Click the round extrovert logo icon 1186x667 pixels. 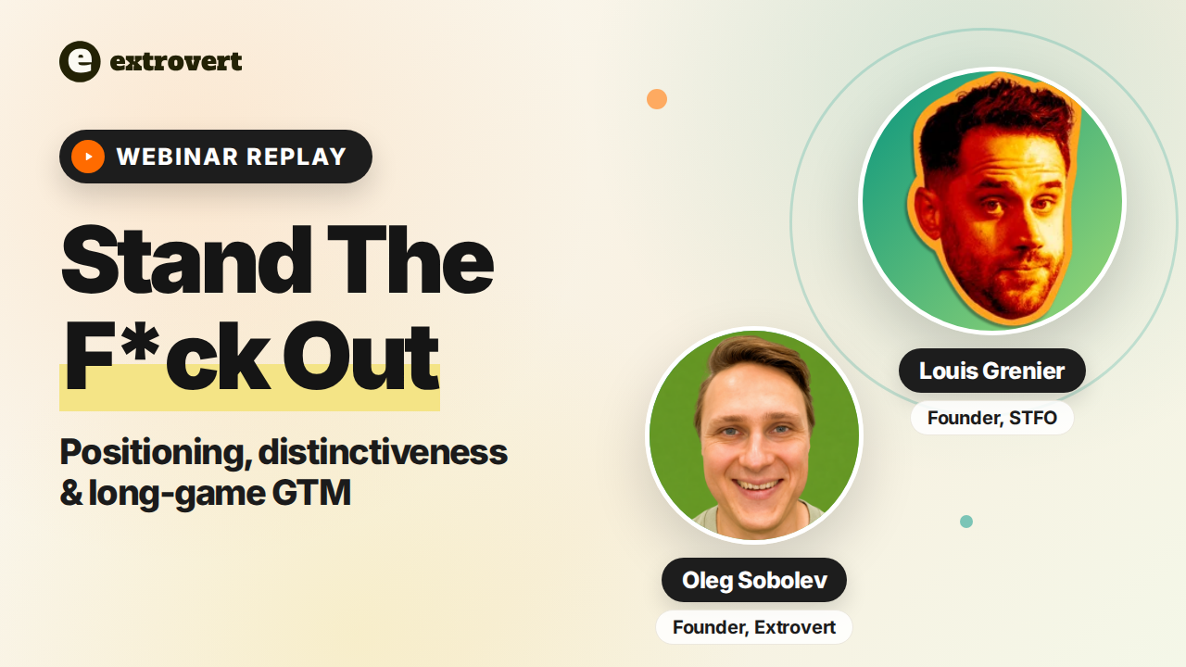pos(80,61)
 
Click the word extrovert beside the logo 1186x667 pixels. pos(176,61)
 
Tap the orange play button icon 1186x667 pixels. pos(88,157)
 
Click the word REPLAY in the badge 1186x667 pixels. pos(296,157)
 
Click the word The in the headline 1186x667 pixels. pos(410,258)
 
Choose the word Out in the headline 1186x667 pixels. pos(361,356)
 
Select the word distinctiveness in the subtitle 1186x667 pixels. pos(384,453)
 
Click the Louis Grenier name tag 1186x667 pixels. pos(992,371)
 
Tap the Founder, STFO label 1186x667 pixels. pos(992,418)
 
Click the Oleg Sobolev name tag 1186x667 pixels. pos(754,580)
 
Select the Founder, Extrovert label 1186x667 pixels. pos(754,627)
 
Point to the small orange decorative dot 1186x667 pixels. pos(657,99)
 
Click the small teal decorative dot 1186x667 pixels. pos(966,522)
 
